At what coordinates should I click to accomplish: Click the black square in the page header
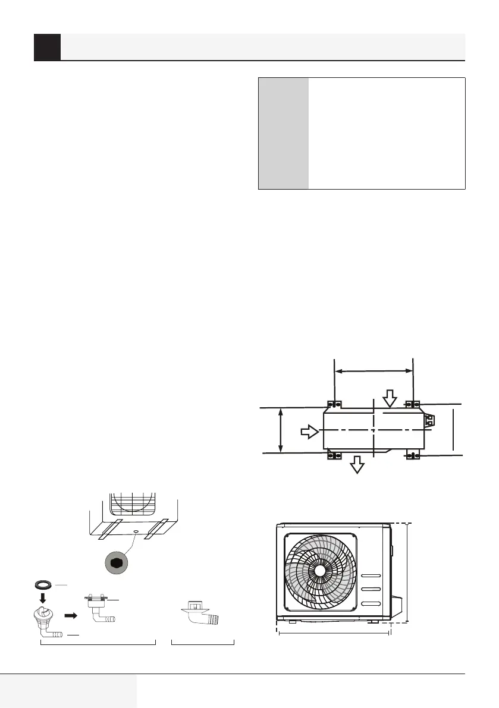47,47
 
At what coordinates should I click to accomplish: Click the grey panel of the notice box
283,133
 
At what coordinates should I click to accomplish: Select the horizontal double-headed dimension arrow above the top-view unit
374,370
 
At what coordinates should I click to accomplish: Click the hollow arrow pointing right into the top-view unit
309,432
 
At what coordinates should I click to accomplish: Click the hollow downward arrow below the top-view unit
357,465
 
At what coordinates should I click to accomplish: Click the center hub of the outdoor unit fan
320,569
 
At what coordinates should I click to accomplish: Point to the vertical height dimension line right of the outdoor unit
407,572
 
